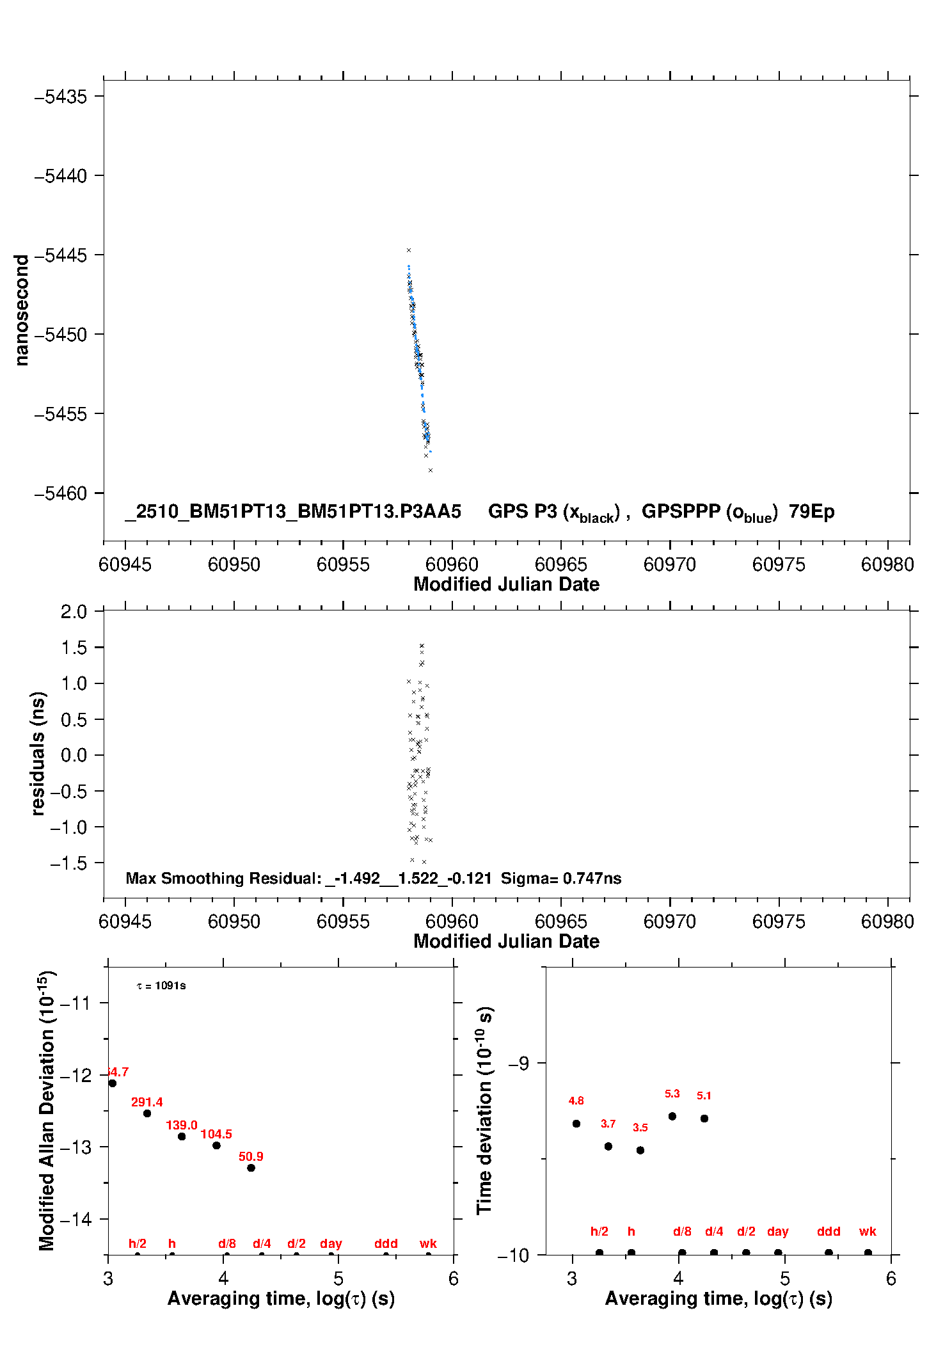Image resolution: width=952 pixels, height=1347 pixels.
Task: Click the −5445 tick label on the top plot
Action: click(x=60, y=255)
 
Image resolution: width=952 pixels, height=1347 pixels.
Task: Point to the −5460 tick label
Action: click(x=60, y=493)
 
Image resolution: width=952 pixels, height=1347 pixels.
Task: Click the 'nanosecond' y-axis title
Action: click(x=22, y=310)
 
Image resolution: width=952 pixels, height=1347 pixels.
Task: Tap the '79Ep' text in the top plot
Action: click(x=811, y=512)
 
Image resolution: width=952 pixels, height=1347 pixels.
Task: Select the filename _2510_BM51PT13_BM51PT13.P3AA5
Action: click(x=293, y=512)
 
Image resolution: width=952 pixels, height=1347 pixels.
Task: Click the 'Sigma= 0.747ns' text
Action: click(x=561, y=879)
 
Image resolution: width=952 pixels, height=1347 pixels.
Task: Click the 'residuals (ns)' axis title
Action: click(x=38, y=753)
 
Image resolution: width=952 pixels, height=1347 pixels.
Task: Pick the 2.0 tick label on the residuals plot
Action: click(x=74, y=612)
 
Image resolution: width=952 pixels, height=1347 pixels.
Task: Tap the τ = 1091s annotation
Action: click(x=161, y=985)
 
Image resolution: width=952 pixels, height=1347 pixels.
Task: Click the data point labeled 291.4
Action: click(x=147, y=1113)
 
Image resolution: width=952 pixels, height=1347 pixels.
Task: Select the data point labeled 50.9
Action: click(x=251, y=1168)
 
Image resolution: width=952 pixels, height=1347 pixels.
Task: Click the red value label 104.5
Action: click(x=216, y=1134)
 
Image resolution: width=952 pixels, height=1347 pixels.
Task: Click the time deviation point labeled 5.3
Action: click(x=672, y=1116)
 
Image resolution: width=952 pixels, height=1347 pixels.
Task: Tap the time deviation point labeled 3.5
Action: click(x=640, y=1150)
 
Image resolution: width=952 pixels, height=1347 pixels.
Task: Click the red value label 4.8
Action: click(x=576, y=1101)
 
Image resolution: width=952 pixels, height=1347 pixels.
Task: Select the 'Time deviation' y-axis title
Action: click(x=485, y=1110)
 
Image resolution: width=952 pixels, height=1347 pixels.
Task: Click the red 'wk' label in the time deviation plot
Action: click(x=868, y=1231)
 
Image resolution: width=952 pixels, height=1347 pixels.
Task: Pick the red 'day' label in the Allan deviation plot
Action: click(x=331, y=1243)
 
